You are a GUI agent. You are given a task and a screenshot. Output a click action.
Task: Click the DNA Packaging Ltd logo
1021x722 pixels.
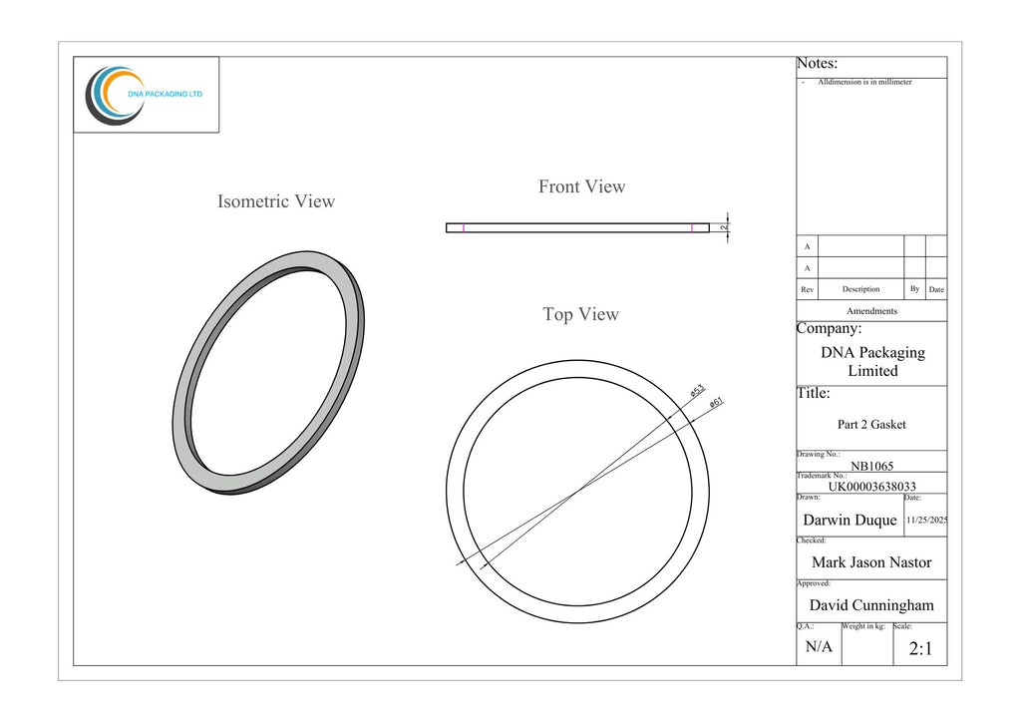point(144,95)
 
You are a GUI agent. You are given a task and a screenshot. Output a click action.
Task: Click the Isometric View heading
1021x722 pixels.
point(276,201)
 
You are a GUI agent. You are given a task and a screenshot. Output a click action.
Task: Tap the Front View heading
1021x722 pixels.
point(581,186)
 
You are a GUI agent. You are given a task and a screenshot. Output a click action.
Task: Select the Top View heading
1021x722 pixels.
point(581,314)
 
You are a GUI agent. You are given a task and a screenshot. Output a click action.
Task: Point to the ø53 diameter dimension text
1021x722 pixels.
point(697,391)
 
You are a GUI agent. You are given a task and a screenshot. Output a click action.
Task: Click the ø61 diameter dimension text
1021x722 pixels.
point(716,403)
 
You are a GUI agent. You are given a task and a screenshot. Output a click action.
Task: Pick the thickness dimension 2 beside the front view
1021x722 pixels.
point(724,227)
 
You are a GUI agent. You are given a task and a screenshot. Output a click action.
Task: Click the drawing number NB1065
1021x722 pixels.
point(871,466)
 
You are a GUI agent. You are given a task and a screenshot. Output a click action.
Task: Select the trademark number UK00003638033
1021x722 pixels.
point(871,487)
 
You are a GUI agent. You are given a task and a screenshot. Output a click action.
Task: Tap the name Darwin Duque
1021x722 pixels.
point(850,520)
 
